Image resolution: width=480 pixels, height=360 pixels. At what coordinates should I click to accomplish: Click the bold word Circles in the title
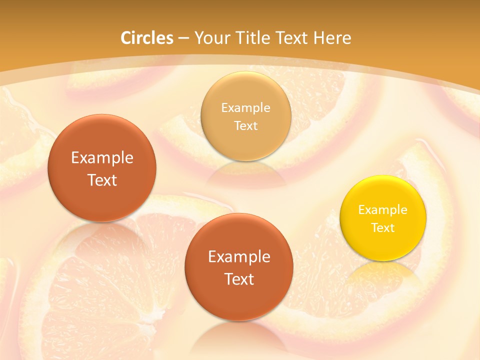tap(147, 38)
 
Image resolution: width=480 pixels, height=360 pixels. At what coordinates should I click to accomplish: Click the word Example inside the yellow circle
tap(383, 210)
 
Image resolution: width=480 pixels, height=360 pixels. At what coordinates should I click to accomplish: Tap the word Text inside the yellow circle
tap(383, 228)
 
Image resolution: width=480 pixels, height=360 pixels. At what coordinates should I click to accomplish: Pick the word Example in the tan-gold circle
tap(245, 108)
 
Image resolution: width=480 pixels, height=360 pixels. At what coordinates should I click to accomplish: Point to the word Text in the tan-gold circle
tap(245, 126)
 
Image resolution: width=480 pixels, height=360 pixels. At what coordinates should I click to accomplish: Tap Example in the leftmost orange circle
tap(102, 158)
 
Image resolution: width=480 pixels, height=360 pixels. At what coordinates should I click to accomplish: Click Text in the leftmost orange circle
tap(102, 180)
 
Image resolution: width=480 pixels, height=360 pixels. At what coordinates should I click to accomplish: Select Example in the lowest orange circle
tap(239, 257)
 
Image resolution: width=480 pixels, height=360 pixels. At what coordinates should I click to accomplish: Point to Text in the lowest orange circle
tap(239, 279)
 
